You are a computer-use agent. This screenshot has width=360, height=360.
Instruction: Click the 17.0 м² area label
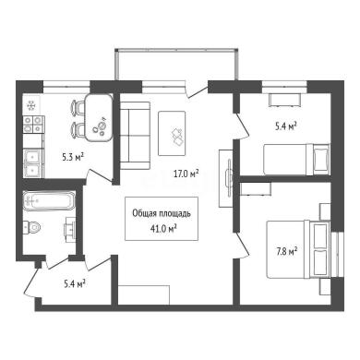point(186,174)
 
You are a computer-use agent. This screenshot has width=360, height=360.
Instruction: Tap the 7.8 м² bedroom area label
point(286,252)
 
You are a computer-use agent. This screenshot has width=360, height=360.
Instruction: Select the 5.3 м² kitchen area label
point(73,158)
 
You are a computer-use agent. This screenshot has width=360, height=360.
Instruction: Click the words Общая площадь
point(162,213)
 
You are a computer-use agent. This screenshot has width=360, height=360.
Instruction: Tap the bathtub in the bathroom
point(49,201)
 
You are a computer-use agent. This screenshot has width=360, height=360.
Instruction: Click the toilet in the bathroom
point(32,227)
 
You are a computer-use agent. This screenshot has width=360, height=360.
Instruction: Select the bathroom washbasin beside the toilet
point(69,228)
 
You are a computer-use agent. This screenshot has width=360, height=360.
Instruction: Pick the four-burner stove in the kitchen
point(33,125)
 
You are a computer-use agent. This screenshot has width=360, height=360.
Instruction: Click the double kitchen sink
point(33,162)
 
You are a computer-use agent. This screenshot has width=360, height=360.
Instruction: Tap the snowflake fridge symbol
point(30,105)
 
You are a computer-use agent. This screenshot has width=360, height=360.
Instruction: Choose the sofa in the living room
point(135,136)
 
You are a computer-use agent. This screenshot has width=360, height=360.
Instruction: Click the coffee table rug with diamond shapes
point(172,133)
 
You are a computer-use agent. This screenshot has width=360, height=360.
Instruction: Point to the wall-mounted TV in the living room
point(229,177)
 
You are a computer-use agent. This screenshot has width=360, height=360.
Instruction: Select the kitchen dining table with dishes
point(99,117)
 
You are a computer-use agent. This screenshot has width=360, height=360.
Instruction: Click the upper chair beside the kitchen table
point(78,107)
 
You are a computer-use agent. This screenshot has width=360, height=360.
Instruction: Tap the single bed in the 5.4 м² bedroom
point(296,160)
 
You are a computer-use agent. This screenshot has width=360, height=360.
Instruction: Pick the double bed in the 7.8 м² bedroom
point(298,248)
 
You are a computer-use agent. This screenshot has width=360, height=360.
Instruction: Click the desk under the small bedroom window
point(284,100)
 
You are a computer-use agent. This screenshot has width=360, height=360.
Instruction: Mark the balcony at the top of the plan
point(176,65)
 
